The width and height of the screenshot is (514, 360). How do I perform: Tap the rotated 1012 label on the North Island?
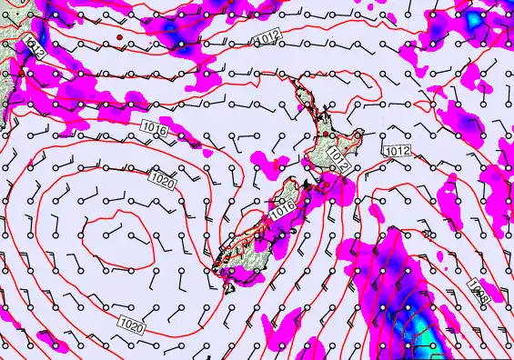[338, 160]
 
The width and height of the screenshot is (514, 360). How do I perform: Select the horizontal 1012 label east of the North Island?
[397, 150]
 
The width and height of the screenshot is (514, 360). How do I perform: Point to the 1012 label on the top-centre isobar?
[267, 36]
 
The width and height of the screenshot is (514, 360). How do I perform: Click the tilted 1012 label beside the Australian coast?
[35, 48]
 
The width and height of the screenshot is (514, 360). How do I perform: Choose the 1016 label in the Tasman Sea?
[155, 131]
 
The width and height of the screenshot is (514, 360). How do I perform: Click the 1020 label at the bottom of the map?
[131, 321]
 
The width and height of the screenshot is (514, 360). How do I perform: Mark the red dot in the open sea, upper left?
[119, 37]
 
